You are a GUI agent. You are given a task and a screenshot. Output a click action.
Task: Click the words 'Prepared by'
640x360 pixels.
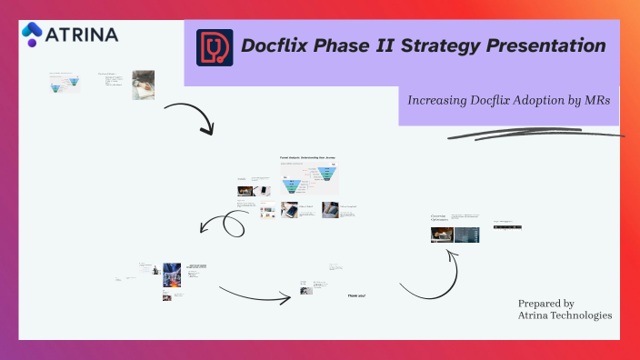tap(545, 303)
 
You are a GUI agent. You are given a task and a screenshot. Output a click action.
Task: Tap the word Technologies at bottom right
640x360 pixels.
tap(581, 315)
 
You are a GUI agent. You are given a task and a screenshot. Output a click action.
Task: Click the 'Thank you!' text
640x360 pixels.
tap(356, 295)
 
